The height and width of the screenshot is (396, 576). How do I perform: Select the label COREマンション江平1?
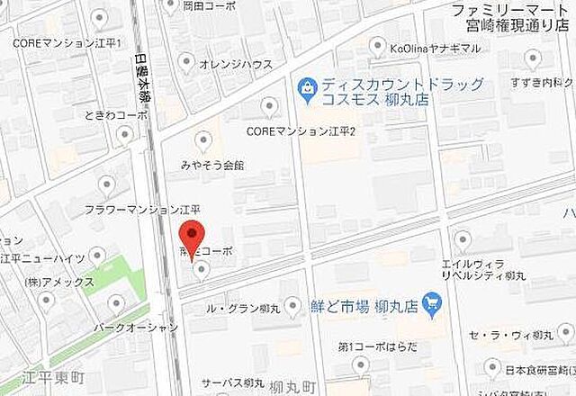(67, 42)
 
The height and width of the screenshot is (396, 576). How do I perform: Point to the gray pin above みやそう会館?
(203, 140)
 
